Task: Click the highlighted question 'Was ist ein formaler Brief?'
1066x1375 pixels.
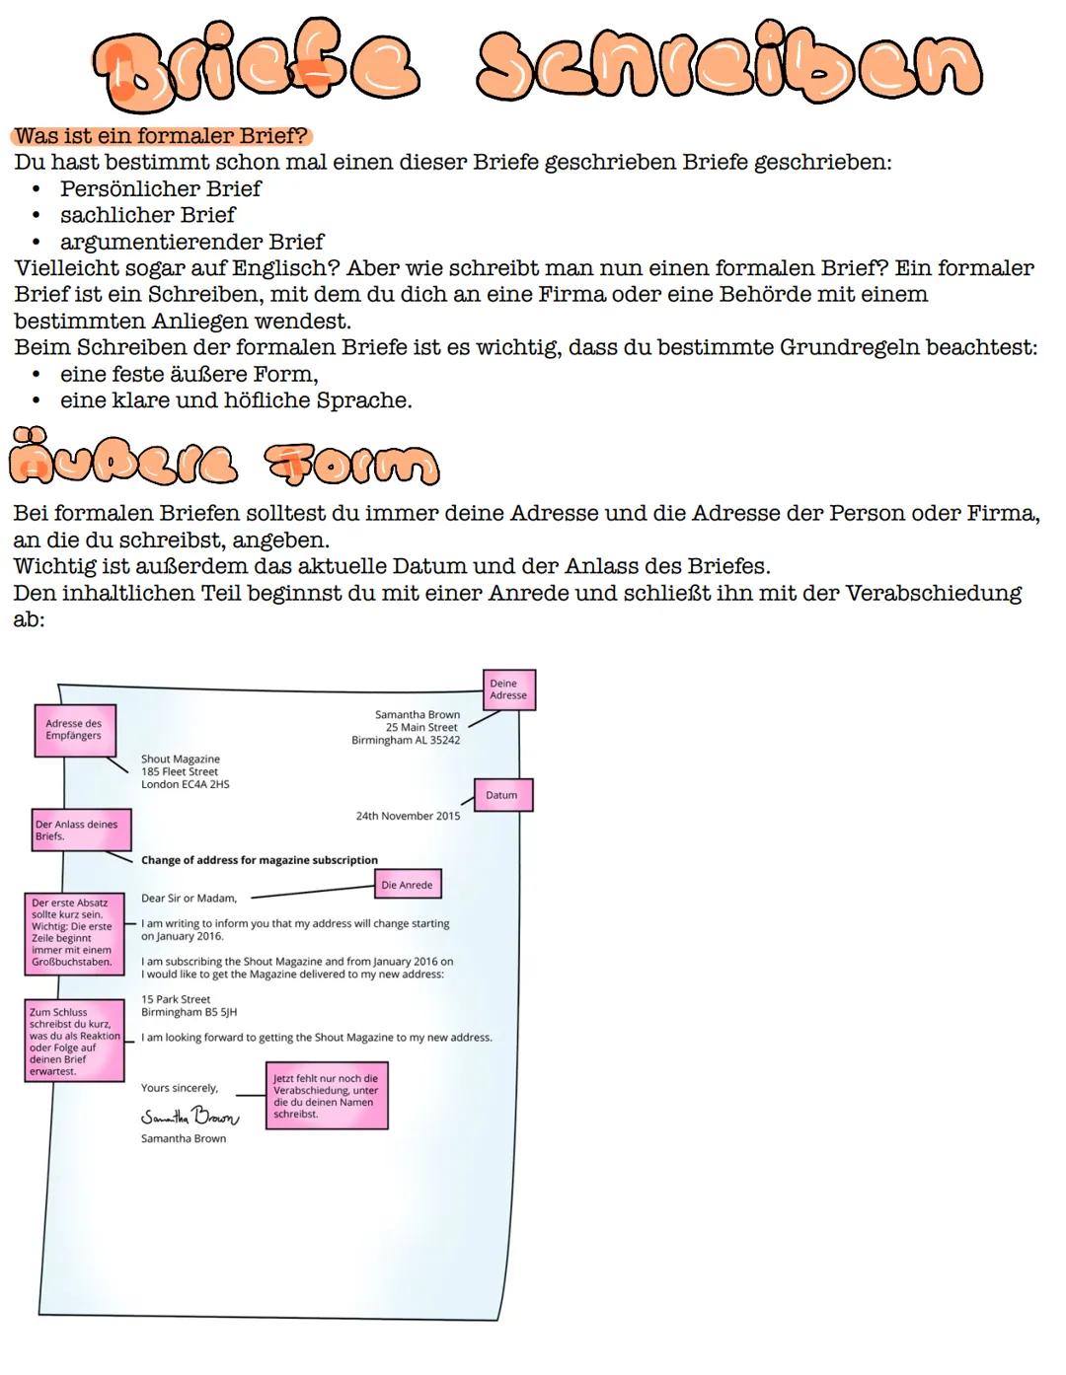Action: tap(161, 136)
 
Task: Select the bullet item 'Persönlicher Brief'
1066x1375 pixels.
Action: tap(160, 188)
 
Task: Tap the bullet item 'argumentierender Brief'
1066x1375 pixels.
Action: tap(191, 242)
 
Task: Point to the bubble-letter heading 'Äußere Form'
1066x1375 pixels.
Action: tap(223, 458)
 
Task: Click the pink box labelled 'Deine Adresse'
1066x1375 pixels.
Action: tap(508, 689)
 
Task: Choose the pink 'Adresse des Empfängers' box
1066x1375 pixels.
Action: tap(75, 730)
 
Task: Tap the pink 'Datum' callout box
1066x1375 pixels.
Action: tap(503, 795)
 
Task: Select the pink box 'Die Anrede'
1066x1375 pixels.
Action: tap(407, 885)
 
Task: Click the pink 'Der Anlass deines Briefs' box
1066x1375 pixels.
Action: tap(82, 830)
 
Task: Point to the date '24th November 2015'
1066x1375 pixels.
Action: tap(408, 816)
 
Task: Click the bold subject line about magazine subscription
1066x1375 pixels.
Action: tap(259, 860)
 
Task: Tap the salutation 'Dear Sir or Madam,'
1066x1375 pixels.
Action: tap(189, 898)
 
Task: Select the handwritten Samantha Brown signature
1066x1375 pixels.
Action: tap(190, 1117)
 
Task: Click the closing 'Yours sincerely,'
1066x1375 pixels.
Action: tap(179, 1088)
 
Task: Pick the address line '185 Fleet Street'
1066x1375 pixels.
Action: tap(179, 771)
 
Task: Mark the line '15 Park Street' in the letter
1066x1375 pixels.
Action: tap(176, 999)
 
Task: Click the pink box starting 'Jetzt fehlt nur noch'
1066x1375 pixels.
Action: tap(327, 1095)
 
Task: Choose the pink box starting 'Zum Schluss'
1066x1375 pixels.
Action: tap(75, 1041)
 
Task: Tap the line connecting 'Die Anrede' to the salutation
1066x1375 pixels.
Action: tap(313, 892)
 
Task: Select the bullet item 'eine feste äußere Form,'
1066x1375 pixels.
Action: tap(189, 374)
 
